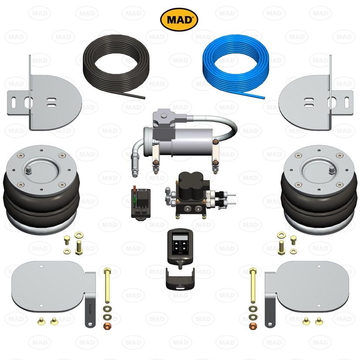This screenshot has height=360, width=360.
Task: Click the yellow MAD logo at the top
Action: (x=179, y=19)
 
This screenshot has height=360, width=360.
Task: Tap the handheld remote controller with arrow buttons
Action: (x=179, y=246)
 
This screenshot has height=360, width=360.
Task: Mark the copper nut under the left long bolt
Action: (x=107, y=325)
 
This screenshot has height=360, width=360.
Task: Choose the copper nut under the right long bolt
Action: (x=252, y=325)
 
